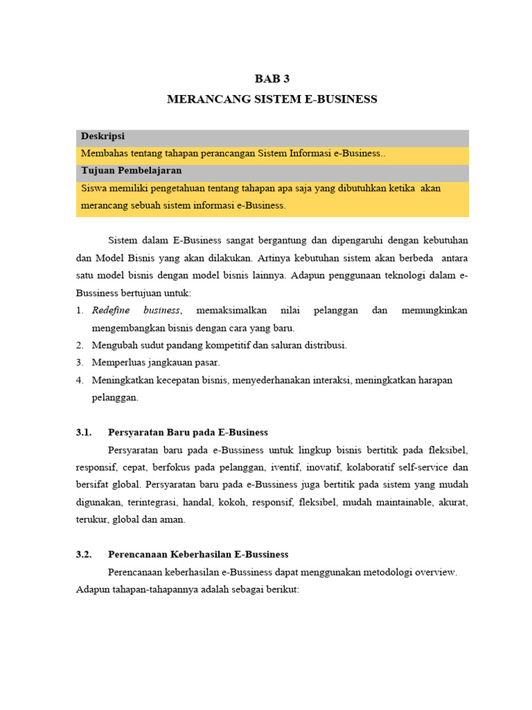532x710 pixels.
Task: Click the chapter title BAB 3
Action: pos(272,79)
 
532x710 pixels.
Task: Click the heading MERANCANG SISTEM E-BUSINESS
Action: pos(272,99)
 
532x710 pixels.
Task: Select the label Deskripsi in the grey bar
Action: pos(103,137)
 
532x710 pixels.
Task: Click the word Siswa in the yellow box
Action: pos(94,189)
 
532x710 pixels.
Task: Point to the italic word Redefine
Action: pos(110,311)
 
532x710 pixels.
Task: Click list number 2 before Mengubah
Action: pos(80,345)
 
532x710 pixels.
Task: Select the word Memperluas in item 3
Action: pos(118,363)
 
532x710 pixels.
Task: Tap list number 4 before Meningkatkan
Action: pos(80,380)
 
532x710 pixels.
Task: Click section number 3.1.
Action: pos(84,433)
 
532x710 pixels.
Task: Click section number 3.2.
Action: pos(84,555)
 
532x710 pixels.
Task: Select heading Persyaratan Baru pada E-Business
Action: pos(188,433)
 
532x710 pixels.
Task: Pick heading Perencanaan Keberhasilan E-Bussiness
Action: pos(199,555)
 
